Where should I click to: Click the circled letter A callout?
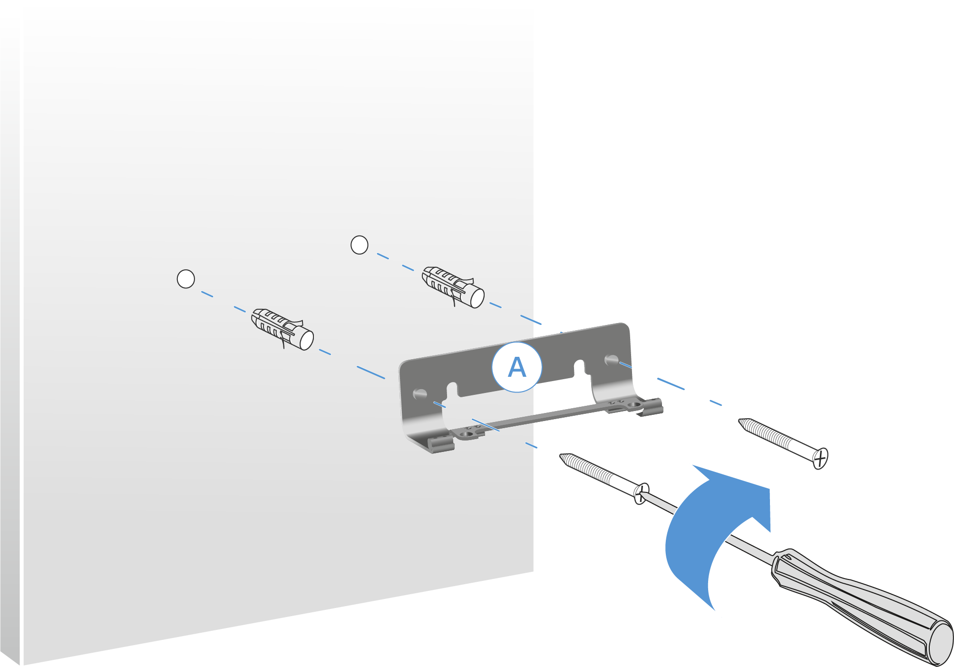516,367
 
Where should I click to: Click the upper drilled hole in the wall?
359,245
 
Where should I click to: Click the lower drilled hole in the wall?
185,279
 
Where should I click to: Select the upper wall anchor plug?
452,287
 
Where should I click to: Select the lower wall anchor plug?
281,329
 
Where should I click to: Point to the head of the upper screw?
820,459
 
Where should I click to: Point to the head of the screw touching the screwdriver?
642,494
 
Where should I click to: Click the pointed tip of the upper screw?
741,421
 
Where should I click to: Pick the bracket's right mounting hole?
611,359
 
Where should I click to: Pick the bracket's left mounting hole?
420,394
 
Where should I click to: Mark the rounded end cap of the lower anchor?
306,340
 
